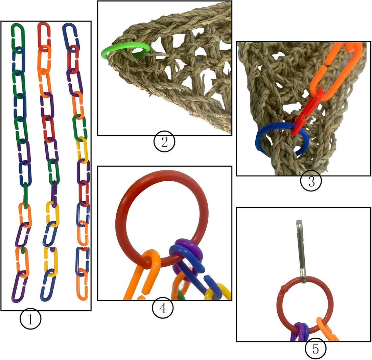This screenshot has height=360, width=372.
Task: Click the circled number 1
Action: click(30, 319)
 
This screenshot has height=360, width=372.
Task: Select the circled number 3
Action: click(311, 181)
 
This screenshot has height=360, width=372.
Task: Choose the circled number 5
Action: click(315, 348)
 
